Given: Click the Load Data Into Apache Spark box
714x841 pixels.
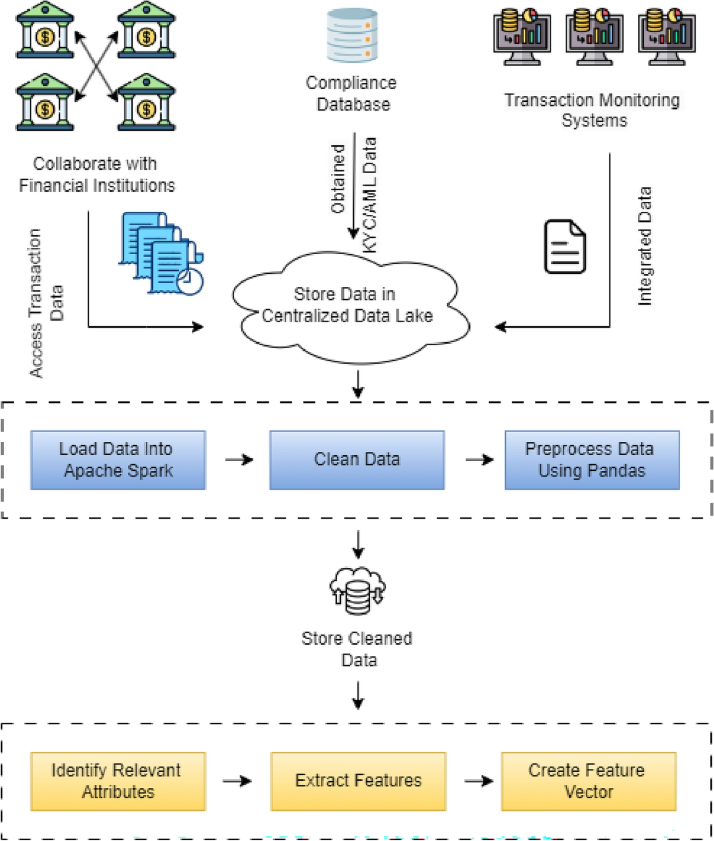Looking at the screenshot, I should [118, 460].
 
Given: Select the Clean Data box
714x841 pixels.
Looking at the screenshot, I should [357, 460].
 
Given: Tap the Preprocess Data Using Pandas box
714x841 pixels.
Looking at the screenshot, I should [592, 460].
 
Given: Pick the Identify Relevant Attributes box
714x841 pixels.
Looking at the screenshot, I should [118, 781].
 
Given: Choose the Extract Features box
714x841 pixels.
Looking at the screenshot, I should [358, 781].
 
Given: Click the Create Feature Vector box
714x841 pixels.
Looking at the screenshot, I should [588, 781].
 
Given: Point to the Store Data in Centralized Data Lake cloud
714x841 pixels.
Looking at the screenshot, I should [348, 307].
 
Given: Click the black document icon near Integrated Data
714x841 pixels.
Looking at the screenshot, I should [565, 246].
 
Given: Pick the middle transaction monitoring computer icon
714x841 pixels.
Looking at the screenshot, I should [594, 36].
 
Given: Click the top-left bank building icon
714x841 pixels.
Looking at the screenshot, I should [45, 31].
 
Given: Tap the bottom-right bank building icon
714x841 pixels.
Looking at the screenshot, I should [146, 102].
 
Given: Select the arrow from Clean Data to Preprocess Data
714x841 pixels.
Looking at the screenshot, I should [480, 460].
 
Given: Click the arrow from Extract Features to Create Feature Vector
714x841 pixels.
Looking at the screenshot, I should [478, 781].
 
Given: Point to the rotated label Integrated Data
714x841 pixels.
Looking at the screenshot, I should [644, 246].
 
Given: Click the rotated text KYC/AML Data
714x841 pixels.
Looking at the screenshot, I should [370, 195].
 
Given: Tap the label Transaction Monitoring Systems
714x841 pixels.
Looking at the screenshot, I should [593, 110].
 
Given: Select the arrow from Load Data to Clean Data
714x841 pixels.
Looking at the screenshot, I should [239, 460].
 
